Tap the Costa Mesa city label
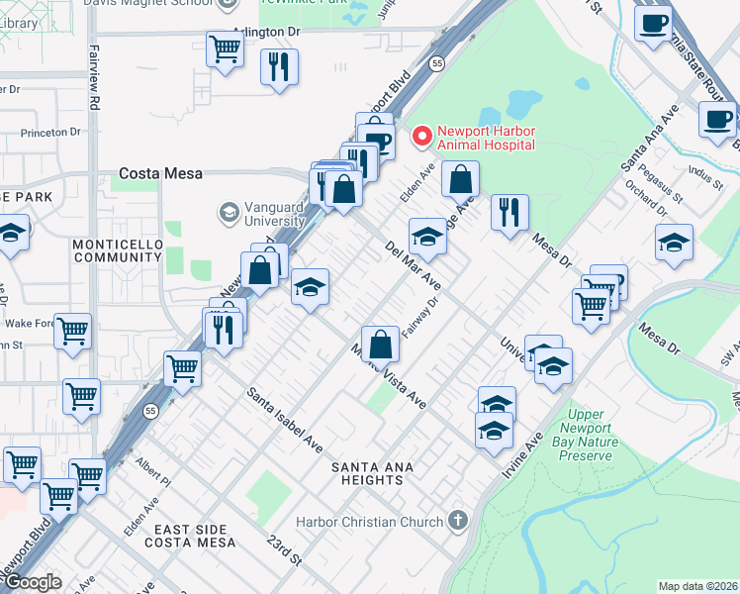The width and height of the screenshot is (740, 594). (160, 173)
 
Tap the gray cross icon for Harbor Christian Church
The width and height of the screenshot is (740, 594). (457, 520)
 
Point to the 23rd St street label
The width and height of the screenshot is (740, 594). (283, 550)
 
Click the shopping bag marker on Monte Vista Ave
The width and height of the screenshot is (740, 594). (381, 346)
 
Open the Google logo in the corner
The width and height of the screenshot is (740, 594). (32, 582)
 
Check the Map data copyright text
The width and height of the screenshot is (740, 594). (698, 586)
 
